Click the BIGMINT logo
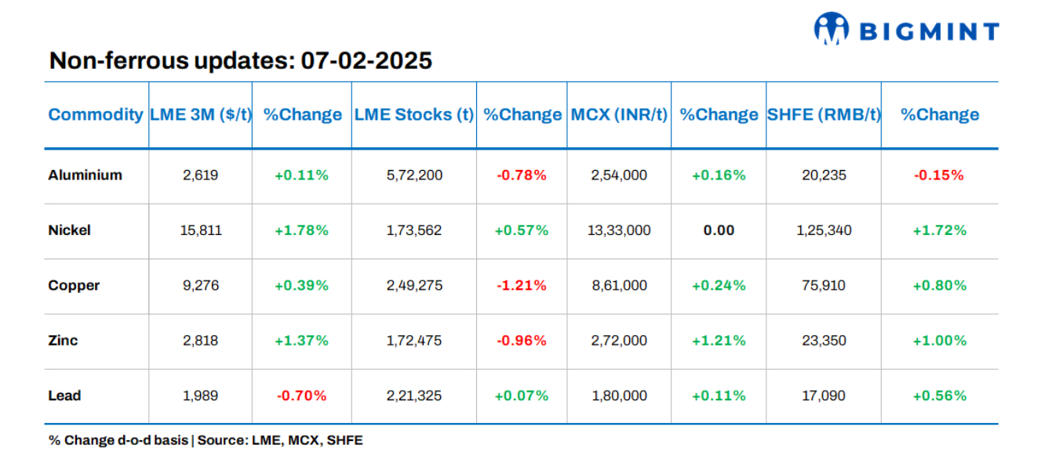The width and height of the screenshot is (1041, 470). point(906,30)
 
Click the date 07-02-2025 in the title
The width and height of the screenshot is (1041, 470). point(366,60)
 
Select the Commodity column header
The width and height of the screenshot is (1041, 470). point(96,114)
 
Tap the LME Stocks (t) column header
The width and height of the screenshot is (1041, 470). point(413,114)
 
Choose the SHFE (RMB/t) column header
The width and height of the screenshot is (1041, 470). point(823,114)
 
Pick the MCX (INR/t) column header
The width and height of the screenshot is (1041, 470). point(619,114)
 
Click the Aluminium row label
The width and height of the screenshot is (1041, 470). point(85,175)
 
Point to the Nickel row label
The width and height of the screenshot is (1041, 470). point(69,230)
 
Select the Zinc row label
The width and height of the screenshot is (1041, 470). point(63,341)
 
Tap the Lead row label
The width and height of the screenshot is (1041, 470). point(64,396)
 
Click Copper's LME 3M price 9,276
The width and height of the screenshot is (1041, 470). point(200,285)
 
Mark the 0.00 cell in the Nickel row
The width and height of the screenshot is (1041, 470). point(719,230)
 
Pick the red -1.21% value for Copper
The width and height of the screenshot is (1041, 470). point(521,285)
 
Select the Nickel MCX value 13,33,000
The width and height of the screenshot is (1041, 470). point(619,230)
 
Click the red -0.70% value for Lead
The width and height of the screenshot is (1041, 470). point(301,396)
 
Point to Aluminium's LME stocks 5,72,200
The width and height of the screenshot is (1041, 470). point(413,175)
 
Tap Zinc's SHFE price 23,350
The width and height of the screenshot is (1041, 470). point(823,341)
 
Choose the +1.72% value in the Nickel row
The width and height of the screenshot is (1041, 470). point(939,230)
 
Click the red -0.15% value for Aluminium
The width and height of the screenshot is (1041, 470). point(939,175)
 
